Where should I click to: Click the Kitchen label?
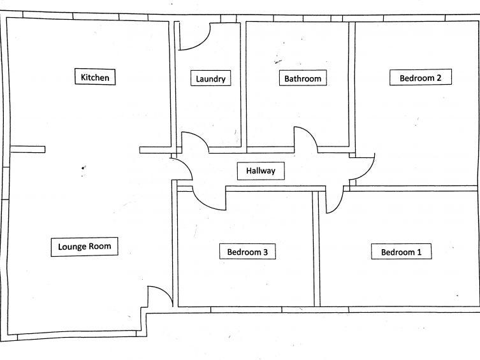point(95,78)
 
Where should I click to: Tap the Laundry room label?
point(210,79)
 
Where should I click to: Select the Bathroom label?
point(302,79)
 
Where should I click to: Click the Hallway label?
point(260,171)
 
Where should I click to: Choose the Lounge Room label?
point(84,247)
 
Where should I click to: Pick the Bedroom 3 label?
point(251,252)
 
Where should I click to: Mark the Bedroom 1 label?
point(401,252)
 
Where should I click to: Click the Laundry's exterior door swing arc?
point(194,38)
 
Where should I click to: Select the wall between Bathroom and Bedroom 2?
point(351,83)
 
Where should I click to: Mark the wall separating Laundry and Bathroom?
point(244,83)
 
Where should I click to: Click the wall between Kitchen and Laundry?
point(172,83)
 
